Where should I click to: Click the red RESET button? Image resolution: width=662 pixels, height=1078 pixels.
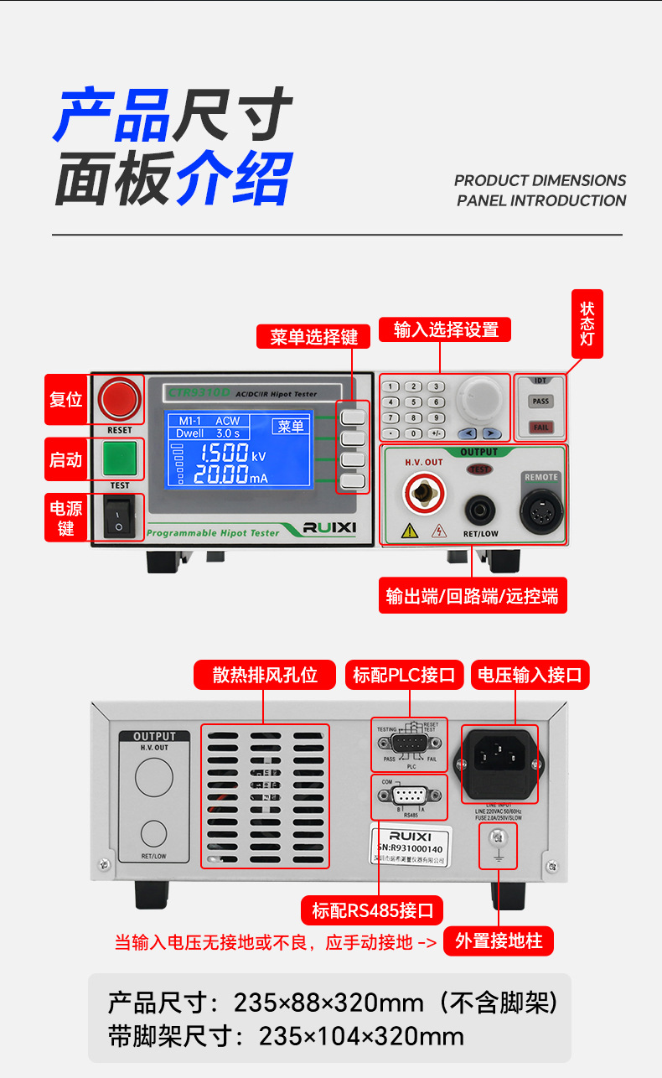119,398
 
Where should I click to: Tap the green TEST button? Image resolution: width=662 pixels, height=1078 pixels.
119,459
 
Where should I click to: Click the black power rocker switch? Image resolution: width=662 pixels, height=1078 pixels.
119,516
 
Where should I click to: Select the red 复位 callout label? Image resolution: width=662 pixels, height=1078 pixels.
66,399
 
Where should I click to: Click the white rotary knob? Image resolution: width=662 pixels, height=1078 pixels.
484,397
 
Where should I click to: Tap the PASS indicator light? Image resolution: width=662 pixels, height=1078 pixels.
541,402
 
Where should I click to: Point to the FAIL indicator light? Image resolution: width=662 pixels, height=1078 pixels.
541,428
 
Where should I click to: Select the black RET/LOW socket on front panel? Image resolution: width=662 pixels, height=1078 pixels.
481,508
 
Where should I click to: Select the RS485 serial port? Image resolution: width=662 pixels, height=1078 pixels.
411,797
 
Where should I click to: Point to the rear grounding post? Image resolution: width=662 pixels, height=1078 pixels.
497,837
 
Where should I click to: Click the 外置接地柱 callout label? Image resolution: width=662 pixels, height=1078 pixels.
499,941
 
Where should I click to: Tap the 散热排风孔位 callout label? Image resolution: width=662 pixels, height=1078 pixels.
265,675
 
